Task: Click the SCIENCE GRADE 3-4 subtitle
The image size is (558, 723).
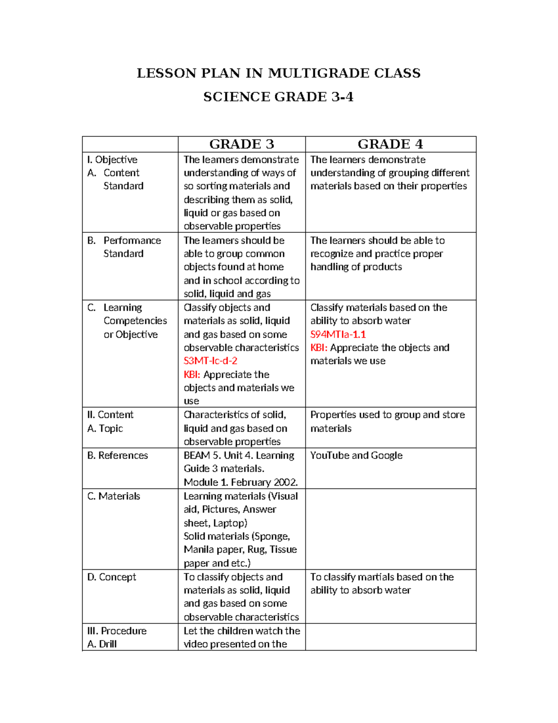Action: [x=278, y=97]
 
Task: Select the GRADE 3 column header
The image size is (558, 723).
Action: [x=241, y=144]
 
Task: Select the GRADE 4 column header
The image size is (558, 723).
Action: [x=390, y=144]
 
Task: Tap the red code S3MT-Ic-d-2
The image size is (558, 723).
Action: [x=210, y=361]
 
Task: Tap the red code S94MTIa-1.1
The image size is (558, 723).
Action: [x=338, y=334]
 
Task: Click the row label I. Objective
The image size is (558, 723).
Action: [x=112, y=160]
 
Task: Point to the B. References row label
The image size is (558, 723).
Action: [x=117, y=455]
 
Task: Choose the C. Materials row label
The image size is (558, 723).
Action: [x=113, y=496]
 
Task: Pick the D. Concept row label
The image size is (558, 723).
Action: [x=112, y=577]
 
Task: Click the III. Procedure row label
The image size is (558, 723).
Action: [x=117, y=631]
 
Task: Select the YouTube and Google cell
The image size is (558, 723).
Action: [x=356, y=455]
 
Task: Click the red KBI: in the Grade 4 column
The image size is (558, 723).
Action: [x=319, y=348]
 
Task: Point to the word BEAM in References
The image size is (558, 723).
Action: [x=197, y=455]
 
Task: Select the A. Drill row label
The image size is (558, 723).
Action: [x=102, y=644]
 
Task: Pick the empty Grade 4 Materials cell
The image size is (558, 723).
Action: [x=390, y=529]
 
